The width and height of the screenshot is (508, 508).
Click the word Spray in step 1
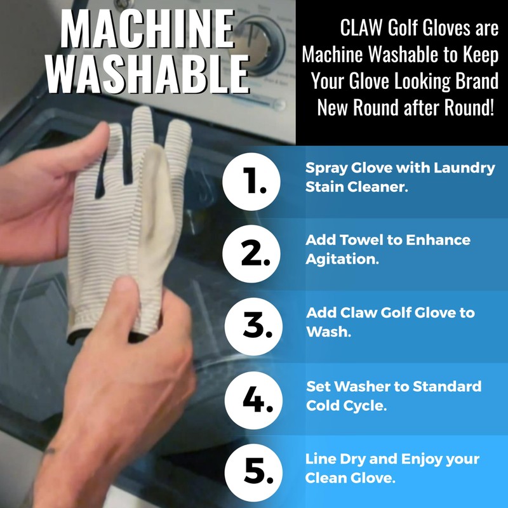(325, 168)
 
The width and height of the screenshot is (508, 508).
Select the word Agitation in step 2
(337, 260)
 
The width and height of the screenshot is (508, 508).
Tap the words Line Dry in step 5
(333, 459)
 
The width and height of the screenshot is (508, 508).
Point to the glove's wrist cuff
(108, 317)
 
